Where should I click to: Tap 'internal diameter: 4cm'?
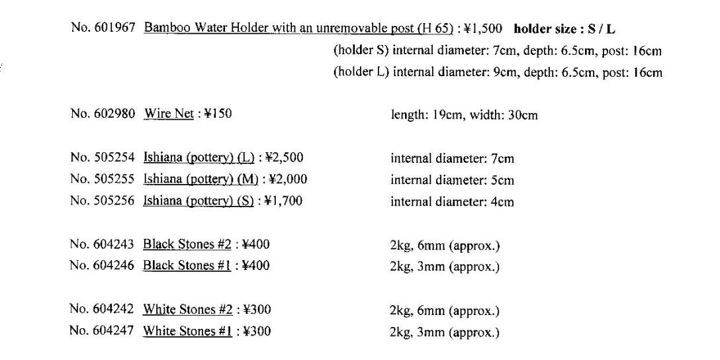pyautogui.click(x=452, y=201)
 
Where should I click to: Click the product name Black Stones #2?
pyautogui.click(x=187, y=245)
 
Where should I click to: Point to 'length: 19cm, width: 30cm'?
pyautogui.click(x=464, y=115)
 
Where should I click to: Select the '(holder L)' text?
pyautogui.click(x=361, y=73)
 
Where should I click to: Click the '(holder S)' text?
pyautogui.click(x=361, y=51)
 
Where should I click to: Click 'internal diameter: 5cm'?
pyautogui.click(x=452, y=180)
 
